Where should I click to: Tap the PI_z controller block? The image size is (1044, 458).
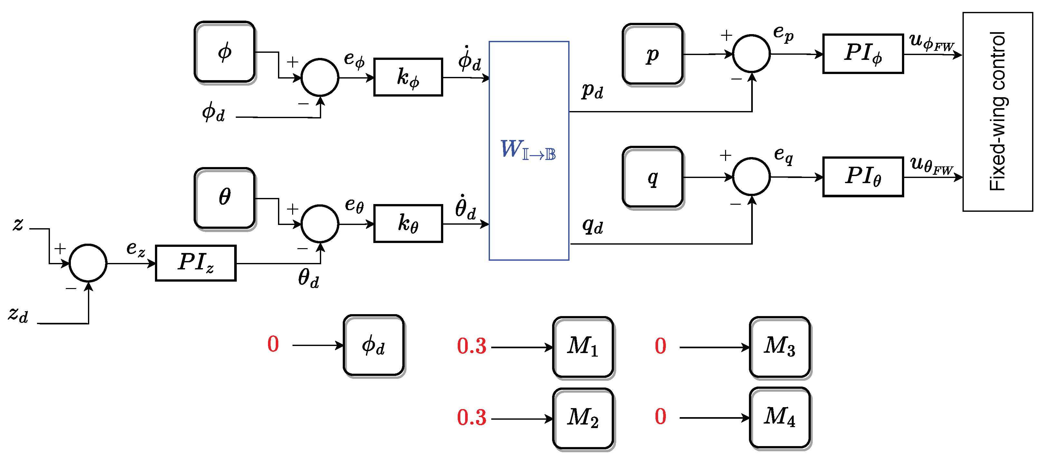(196, 263)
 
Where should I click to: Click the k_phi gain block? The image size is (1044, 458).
(408, 77)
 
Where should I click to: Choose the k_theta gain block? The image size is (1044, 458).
(408, 224)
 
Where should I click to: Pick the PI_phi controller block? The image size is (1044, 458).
(863, 53)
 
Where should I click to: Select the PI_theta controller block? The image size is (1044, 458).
(863, 177)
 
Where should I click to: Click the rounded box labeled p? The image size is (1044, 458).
(653, 54)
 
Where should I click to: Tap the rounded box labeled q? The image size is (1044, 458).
(653, 177)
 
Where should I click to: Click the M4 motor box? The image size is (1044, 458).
(780, 418)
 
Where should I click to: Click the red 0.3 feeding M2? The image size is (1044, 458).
(472, 417)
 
